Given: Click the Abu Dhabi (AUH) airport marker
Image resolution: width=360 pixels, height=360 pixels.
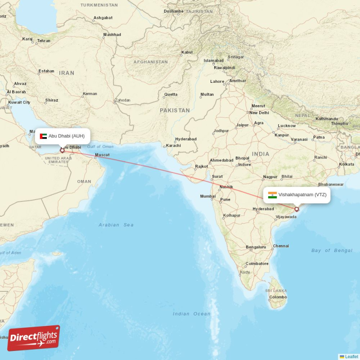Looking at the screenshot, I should [x=62, y=150].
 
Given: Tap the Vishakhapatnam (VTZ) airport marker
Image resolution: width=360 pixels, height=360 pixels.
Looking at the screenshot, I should [x=297, y=209].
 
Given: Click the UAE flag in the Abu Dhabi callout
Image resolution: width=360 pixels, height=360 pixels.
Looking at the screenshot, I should [x=43, y=136].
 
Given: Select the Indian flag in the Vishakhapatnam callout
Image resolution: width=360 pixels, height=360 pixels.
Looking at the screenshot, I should [x=272, y=195].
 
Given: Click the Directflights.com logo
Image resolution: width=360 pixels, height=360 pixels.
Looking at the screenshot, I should [x=34, y=338].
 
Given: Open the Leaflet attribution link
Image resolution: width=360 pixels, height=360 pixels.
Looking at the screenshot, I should [x=351, y=356].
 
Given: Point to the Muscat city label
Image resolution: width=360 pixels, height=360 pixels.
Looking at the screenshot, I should [x=102, y=155].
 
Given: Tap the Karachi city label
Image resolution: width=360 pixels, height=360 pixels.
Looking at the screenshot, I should [x=173, y=145].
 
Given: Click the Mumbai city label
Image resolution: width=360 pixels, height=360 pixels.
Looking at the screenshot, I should [x=207, y=196].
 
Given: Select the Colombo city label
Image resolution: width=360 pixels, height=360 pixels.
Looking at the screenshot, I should [x=278, y=297].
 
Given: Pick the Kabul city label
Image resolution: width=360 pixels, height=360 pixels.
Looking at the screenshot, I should [x=187, y=52].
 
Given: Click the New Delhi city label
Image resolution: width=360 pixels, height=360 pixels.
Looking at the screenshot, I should [x=259, y=112].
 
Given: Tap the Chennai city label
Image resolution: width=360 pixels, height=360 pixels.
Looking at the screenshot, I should [x=281, y=246].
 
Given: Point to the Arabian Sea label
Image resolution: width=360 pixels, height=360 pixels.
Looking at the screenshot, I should [x=116, y=225].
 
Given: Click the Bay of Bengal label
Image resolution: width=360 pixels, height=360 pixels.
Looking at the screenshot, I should [x=332, y=250].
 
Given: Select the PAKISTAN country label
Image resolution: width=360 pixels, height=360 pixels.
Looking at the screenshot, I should [x=175, y=110].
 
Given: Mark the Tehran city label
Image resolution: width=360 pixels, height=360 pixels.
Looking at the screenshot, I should [x=44, y=40].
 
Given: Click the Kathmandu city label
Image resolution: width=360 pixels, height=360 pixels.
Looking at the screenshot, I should [x=326, y=119].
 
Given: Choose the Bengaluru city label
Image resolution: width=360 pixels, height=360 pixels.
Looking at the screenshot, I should [x=256, y=247].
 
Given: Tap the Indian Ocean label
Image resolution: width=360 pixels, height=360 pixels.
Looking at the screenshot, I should [x=191, y=314].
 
